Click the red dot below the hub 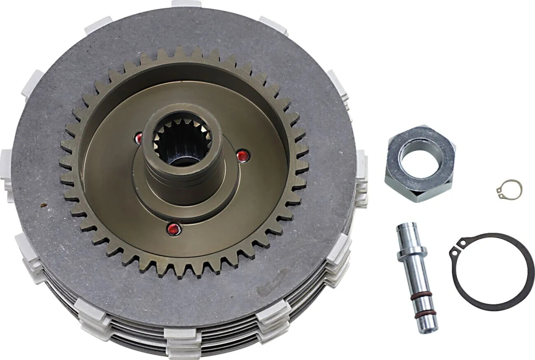tap(173, 229)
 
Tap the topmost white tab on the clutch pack tap(186, 4)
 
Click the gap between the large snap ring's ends tap(457, 247)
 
